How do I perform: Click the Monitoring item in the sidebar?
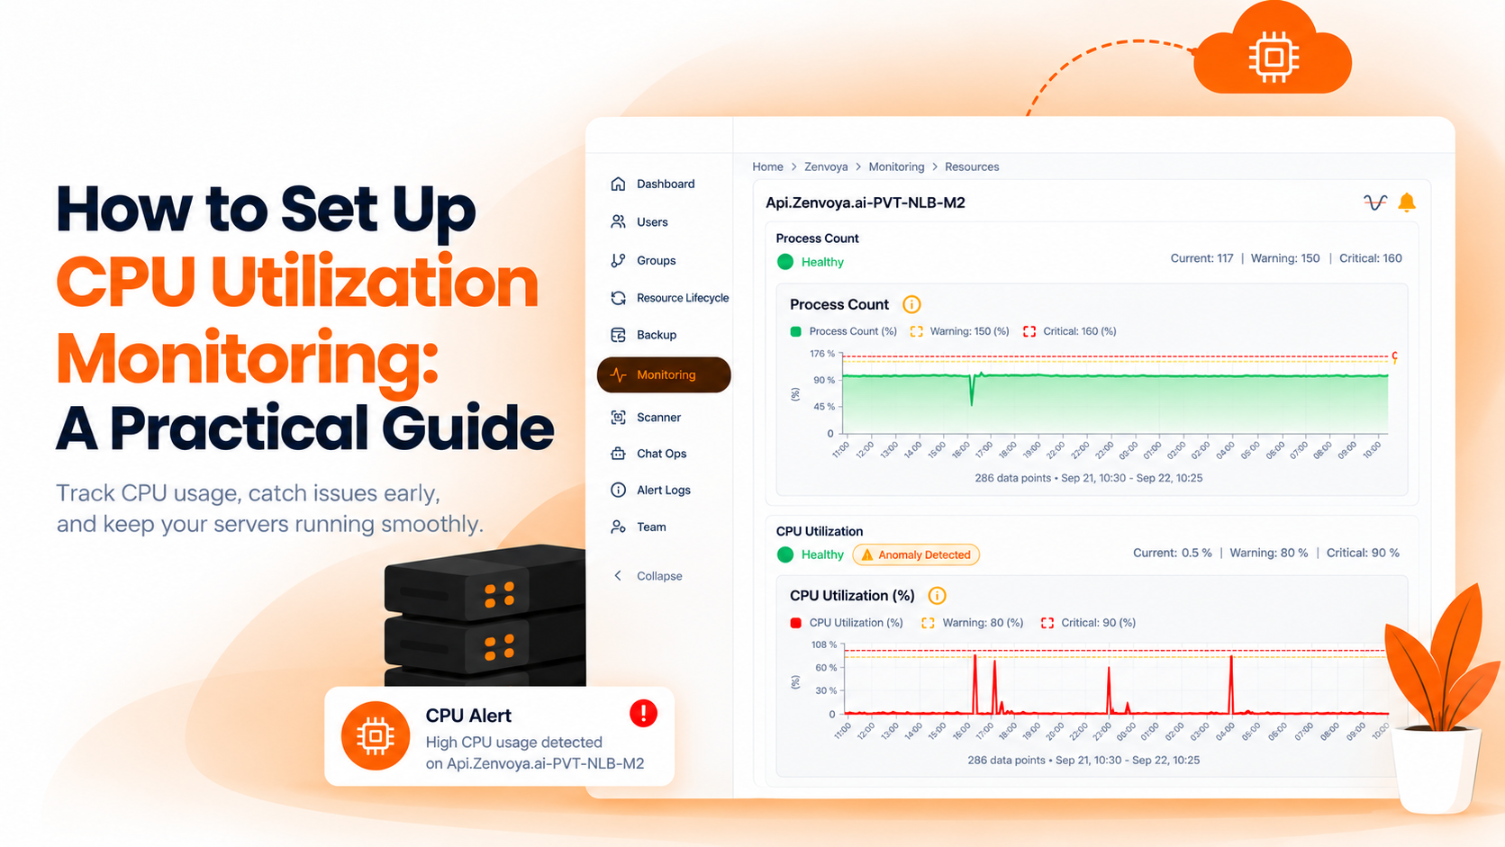(x=663, y=374)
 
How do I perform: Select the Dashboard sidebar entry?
(x=652, y=184)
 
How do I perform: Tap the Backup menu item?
(x=643, y=335)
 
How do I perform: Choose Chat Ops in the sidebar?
(x=648, y=454)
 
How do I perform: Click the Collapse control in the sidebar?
(x=648, y=576)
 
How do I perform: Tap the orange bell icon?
(x=1406, y=203)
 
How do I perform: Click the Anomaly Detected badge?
(x=916, y=554)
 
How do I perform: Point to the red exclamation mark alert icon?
(x=643, y=713)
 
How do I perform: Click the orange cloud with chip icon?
(x=1273, y=50)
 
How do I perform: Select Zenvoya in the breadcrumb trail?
(x=826, y=167)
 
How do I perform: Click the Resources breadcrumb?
(x=972, y=167)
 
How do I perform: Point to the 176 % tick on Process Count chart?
(x=822, y=354)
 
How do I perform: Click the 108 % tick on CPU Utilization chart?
(x=824, y=644)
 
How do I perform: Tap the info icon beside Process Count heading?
(x=911, y=304)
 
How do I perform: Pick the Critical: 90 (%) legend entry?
(x=1088, y=623)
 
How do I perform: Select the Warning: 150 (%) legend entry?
(x=959, y=331)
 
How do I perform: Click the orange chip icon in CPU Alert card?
(x=375, y=736)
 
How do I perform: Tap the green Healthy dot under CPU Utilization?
(x=784, y=554)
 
